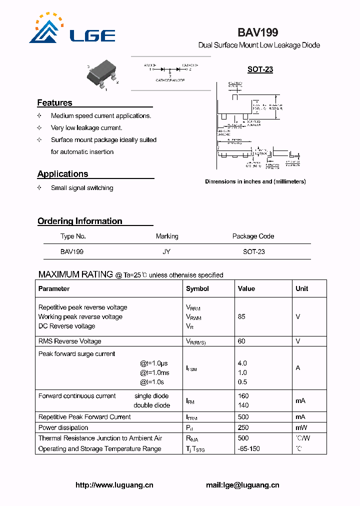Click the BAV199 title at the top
(x=257, y=33)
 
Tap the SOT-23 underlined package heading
(x=260, y=69)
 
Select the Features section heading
(x=54, y=102)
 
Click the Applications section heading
(x=62, y=174)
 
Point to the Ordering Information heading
(x=79, y=221)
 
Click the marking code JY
(x=166, y=252)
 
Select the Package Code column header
(x=253, y=236)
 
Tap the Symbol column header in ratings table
(x=197, y=288)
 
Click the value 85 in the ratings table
(x=241, y=317)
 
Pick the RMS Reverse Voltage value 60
(x=241, y=341)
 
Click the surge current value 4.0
(x=242, y=363)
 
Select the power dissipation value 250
(x=243, y=427)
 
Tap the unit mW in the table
(x=301, y=427)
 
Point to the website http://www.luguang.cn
(x=114, y=485)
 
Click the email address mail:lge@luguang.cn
(x=242, y=485)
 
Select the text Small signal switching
(x=82, y=188)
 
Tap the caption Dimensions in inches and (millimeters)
(x=255, y=181)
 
